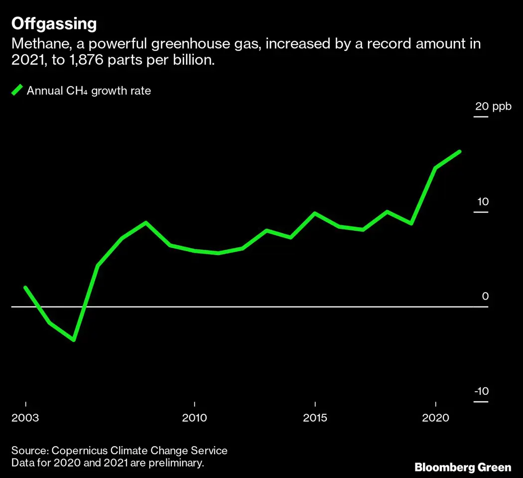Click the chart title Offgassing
tap(54, 23)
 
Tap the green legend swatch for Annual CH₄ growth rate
tap(17, 90)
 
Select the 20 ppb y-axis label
tap(493, 106)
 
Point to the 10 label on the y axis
tap(482, 202)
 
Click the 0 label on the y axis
tap(485, 296)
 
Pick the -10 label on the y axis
tap(481, 391)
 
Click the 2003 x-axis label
tap(25, 417)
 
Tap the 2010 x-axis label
tap(194, 417)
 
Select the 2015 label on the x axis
tap(315, 417)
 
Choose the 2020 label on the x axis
tap(436, 417)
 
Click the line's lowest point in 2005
tap(74, 340)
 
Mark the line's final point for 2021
tap(459, 152)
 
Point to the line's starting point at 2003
tap(25, 288)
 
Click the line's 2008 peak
tap(146, 222)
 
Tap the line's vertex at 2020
tap(436, 168)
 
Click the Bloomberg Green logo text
tap(463, 467)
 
